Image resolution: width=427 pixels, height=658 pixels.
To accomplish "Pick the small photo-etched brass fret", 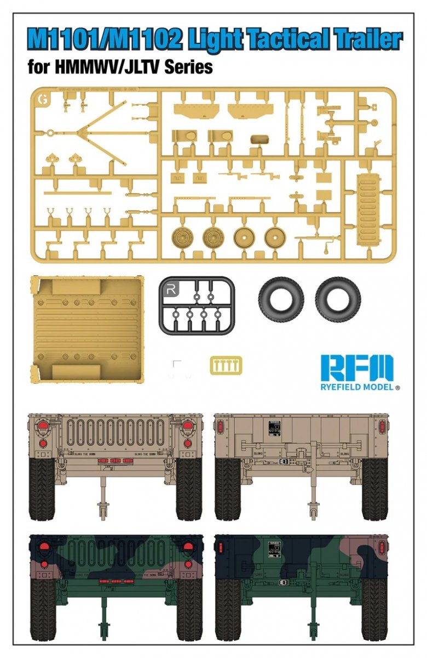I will pyautogui.click(x=226, y=366).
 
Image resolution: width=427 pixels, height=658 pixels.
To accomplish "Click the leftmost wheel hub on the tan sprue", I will pyautogui.click(x=182, y=237).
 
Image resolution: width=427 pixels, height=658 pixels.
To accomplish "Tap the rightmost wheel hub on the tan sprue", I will pyautogui.click(x=275, y=237).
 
